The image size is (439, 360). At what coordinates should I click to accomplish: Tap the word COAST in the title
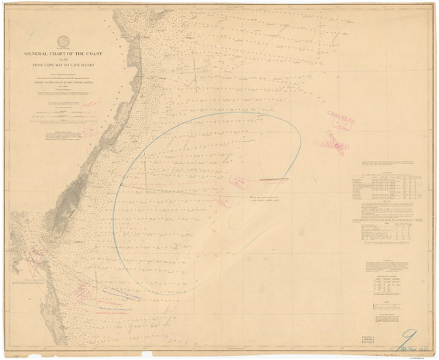point(91,53)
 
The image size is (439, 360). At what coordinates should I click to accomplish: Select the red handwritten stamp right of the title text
point(90,105)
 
